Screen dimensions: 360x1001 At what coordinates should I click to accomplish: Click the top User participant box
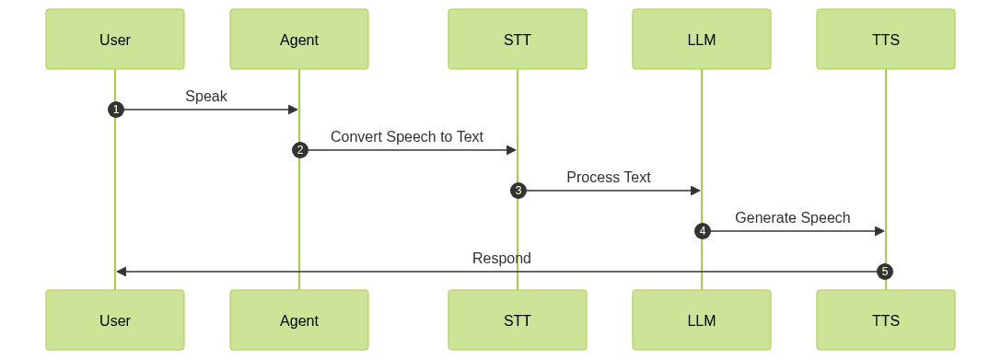tap(115, 40)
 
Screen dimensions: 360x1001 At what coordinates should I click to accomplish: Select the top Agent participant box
tap(299, 40)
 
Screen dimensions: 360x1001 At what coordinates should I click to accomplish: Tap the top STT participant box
tap(518, 40)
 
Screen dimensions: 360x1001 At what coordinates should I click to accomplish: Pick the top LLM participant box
tap(702, 40)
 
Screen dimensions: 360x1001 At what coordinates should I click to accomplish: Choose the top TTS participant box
tap(886, 40)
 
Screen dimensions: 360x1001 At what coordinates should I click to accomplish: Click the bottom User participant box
tap(115, 320)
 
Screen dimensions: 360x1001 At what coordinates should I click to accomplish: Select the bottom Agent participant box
tap(299, 320)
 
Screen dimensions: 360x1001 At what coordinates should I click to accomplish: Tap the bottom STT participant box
tap(518, 320)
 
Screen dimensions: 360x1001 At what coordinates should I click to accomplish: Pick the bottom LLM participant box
tap(702, 320)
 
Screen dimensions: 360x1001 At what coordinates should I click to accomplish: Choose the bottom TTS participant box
tap(886, 320)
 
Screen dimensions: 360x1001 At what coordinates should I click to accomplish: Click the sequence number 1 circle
tap(115, 110)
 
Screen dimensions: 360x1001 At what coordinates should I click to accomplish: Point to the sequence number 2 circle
tap(299, 150)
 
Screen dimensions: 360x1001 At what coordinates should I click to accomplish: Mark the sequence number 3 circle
tap(518, 191)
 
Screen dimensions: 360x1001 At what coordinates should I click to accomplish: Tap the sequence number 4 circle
tap(702, 231)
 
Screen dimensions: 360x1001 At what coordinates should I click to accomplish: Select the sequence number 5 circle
tap(885, 272)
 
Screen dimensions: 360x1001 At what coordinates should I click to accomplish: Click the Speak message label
tap(206, 96)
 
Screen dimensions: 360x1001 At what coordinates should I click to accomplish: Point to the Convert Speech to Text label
tap(407, 136)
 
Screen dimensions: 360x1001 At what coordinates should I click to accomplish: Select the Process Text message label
tap(609, 177)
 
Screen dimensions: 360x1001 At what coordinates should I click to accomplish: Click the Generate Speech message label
tap(793, 217)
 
